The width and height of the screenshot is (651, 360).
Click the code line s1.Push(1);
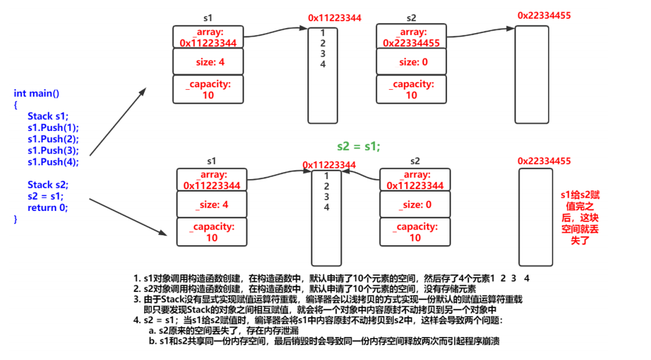[53, 127]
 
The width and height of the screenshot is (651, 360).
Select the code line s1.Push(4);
[53, 162]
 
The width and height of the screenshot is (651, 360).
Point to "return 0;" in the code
[47, 208]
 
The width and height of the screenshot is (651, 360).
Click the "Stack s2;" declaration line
[48, 185]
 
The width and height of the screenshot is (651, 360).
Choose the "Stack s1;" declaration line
[48, 116]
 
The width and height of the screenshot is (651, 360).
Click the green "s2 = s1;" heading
[359, 146]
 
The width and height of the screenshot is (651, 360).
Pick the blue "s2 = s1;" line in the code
[46, 197]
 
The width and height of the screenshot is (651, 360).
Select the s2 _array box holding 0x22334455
[411, 37]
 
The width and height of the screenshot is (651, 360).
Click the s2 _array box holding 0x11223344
[415, 180]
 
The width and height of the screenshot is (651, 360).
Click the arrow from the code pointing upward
[118, 121]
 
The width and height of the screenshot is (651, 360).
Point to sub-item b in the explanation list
[324, 341]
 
